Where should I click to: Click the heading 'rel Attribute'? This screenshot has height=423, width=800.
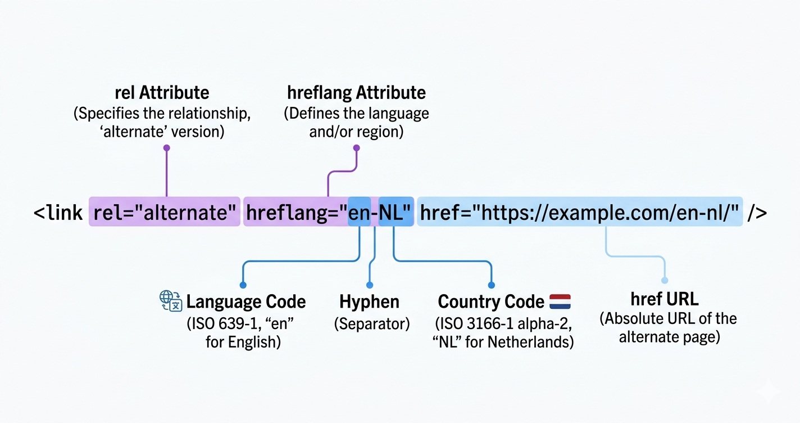pyautogui.click(x=162, y=93)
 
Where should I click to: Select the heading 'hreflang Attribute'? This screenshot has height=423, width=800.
pyautogui.click(x=356, y=93)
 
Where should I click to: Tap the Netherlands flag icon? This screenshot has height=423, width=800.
pyautogui.click(x=560, y=301)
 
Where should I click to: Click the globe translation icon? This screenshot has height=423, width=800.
pyautogui.click(x=171, y=301)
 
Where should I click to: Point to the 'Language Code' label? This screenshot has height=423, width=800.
pyautogui.click(x=246, y=302)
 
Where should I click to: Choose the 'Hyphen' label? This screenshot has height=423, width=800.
pyautogui.click(x=369, y=302)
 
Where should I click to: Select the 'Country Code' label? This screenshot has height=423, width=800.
pyautogui.click(x=491, y=302)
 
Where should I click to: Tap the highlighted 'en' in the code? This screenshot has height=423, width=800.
pyautogui.click(x=359, y=213)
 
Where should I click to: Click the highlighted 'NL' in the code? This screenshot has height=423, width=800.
pyautogui.click(x=396, y=213)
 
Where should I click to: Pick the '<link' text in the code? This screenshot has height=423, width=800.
pyautogui.click(x=58, y=213)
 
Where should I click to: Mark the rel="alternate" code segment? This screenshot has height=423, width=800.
pyautogui.click(x=165, y=213)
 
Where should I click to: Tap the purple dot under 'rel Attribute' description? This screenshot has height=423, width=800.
pyautogui.click(x=166, y=148)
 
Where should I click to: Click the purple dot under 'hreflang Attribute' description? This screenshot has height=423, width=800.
pyautogui.click(x=356, y=148)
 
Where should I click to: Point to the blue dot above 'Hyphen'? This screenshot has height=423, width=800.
pyautogui.click(x=369, y=285)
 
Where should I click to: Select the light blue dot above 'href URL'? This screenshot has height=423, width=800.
pyautogui.click(x=665, y=280)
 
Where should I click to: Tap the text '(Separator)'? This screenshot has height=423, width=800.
pyautogui.click(x=371, y=324)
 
